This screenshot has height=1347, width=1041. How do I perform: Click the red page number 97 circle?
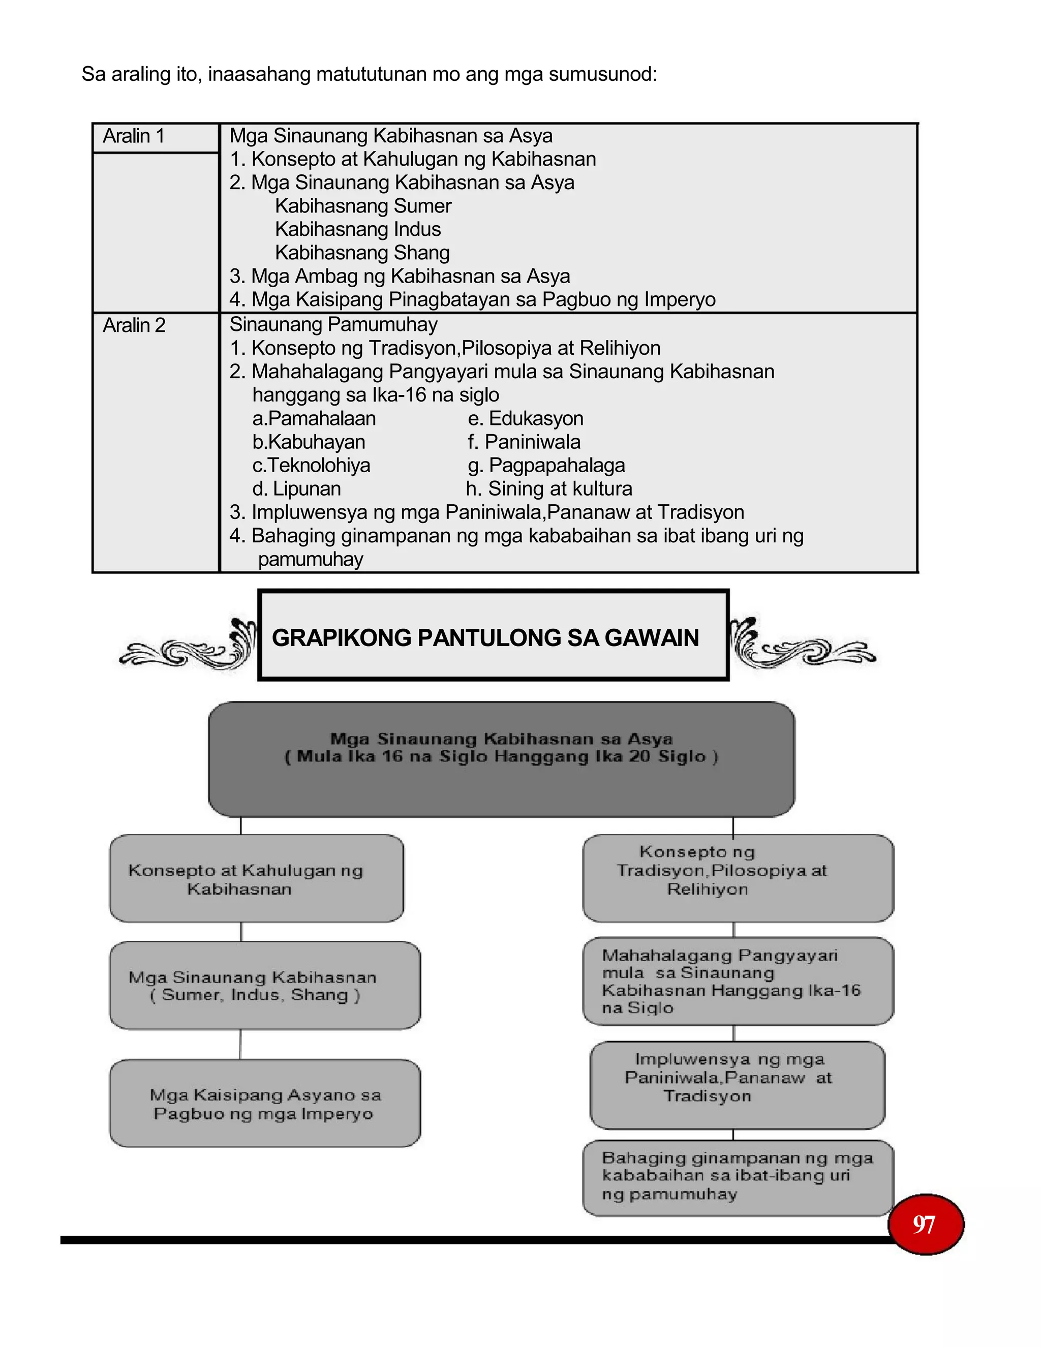pyautogui.click(x=925, y=1224)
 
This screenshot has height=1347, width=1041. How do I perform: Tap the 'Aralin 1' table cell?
pyautogui.click(x=134, y=136)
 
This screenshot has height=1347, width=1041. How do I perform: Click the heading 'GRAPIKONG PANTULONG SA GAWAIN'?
pyautogui.click(x=485, y=638)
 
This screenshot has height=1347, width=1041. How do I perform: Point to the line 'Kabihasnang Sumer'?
pyautogui.click(x=363, y=206)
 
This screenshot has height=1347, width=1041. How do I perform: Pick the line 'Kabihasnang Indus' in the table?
pyautogui.click(x=358, y=229)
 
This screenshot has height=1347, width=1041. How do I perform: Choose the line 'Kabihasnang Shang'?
pyautogui.click(x=362, y=253)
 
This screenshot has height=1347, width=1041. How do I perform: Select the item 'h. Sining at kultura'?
pyautogui.click(x=549, y=489)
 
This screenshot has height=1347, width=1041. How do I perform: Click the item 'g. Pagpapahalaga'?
pyautogui.click(x=546, y=466)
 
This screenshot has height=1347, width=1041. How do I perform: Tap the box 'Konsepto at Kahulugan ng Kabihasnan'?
pyautogui.click(x=257, y=879)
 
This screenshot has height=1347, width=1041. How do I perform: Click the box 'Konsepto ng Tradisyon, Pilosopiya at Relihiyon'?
pyautogui.click(x=738, y=878)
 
